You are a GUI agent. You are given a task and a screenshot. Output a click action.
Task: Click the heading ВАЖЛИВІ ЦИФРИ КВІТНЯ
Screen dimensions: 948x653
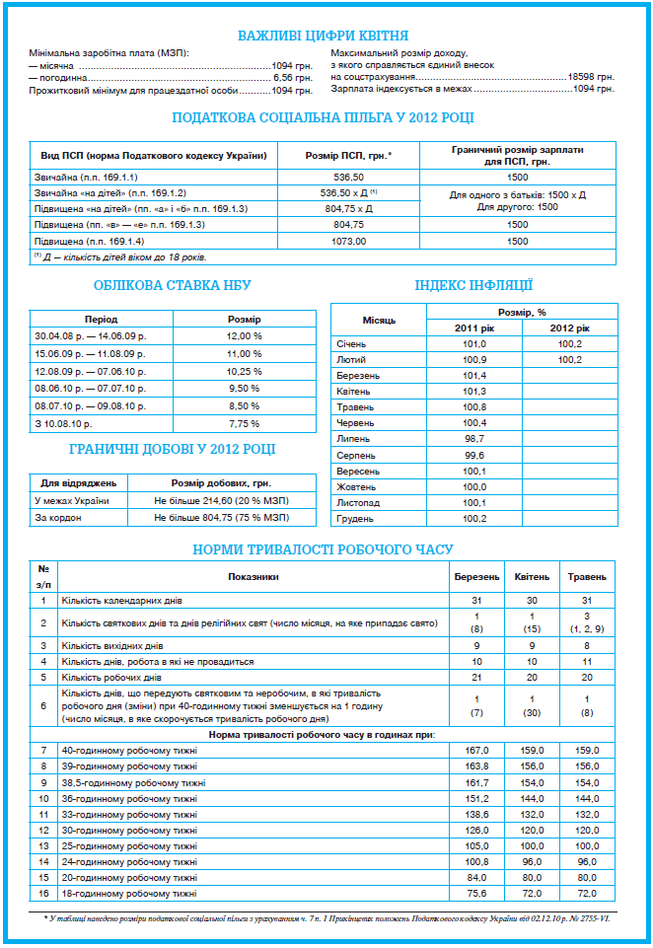tap(324, 36)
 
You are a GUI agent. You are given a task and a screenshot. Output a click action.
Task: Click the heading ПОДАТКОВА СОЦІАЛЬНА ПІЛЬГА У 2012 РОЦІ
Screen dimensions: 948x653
tap(323, 117)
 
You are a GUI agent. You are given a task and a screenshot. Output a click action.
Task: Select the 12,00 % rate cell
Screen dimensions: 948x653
tap(244, 335)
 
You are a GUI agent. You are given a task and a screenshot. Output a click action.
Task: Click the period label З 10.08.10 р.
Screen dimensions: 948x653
tap(62, 423)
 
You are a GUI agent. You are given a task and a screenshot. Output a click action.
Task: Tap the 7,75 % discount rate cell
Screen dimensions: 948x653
tap(244, 423)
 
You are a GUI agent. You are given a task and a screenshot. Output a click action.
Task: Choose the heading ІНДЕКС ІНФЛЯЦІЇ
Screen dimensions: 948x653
tap(473, 285)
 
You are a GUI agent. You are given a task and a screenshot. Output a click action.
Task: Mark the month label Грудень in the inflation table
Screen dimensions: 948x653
tap(355, 518)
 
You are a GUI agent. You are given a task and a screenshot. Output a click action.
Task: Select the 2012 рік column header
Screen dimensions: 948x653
tap(569, 327)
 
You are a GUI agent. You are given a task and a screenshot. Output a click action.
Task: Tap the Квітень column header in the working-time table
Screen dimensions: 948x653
tap(533, 576)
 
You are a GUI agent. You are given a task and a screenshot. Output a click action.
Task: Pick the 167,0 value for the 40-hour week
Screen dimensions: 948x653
tap(477, 751)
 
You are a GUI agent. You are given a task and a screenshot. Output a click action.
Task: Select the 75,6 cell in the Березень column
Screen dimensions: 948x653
tap(477, 893)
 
